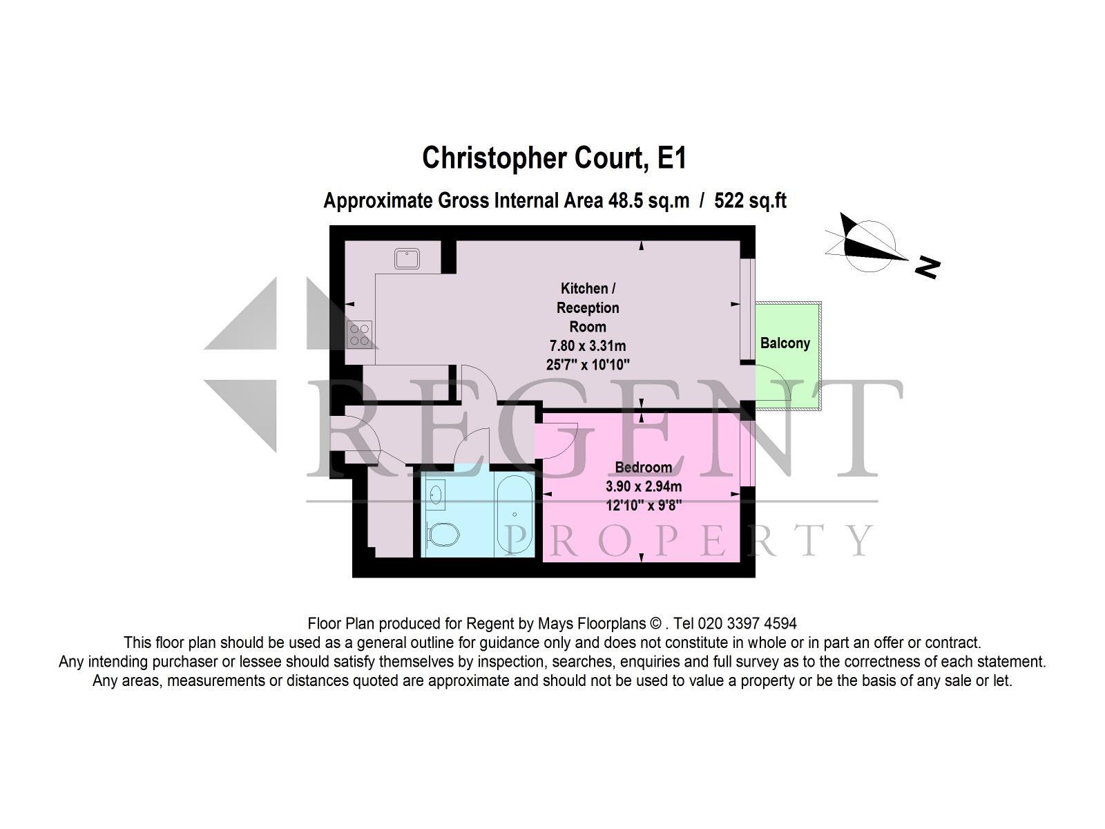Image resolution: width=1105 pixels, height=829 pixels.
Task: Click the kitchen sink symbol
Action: tap(407, 258)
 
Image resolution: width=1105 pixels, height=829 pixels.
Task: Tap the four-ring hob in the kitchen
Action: tap(359, 335)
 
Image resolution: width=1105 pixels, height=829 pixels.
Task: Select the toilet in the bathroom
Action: tap(443, 535)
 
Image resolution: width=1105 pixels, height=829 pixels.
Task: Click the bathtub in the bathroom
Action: tap(514, 515)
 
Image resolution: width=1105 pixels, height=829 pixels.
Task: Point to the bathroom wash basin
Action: tap(436, 494)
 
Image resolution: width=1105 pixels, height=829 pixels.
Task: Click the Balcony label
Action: tap(785, 343)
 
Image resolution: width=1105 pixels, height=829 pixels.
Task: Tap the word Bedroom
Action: tap(644, 467)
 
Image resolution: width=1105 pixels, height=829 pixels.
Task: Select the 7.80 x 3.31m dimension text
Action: tap(588, 346)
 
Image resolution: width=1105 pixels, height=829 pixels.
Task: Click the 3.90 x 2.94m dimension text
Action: tap(644, 486)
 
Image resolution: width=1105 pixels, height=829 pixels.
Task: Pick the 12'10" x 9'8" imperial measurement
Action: tap(644, 505)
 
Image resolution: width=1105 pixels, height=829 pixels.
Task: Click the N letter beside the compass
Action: tap(928, 267)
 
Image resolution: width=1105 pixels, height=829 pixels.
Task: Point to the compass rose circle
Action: tap(869, 246)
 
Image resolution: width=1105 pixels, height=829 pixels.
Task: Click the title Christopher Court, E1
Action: tap(554, 158)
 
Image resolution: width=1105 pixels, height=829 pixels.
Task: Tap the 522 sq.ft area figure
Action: tap(750, 200)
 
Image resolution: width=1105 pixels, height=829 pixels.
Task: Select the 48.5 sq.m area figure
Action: tap(648, 200)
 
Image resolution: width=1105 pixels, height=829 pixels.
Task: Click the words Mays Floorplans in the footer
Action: tap(592, 624)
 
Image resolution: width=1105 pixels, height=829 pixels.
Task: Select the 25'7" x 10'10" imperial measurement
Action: tap(588, 365)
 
